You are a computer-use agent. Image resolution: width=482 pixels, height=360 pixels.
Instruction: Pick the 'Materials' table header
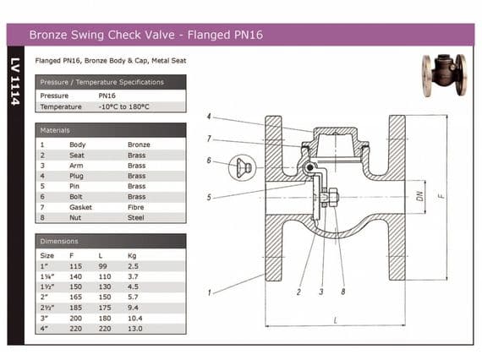coord(55,130)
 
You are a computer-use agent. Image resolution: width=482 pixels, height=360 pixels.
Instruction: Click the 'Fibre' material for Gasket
coord(136,207)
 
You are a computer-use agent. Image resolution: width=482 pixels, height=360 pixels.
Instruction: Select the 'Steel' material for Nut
coord(135,217)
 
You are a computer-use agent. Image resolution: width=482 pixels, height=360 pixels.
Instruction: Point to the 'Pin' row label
coord(74,186)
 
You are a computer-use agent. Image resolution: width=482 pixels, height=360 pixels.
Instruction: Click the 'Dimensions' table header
coord(59,241)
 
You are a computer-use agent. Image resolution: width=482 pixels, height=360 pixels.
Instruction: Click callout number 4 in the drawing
coord(209,116)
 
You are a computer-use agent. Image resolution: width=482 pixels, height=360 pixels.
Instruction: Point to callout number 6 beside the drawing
coord(208,160)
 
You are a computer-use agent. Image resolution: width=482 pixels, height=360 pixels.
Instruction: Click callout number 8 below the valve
coord(342,292)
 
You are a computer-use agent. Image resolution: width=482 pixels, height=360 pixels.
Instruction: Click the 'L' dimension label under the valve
coord(334,321)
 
